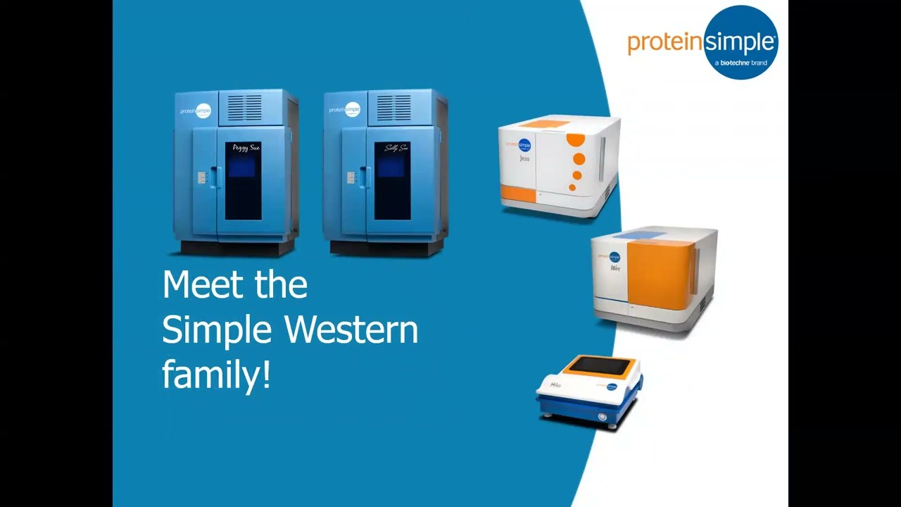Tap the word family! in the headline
point(216,374)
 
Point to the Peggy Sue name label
point(246,149)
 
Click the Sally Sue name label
point(396,149)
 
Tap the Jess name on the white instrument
point(524,159)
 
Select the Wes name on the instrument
point(615,269)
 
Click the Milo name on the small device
point(556,385)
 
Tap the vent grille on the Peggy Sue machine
point(244,108)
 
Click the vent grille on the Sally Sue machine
point(393,108)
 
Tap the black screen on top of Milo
point(600,365)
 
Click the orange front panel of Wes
point(658,275)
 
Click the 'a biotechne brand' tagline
point(741,63)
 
